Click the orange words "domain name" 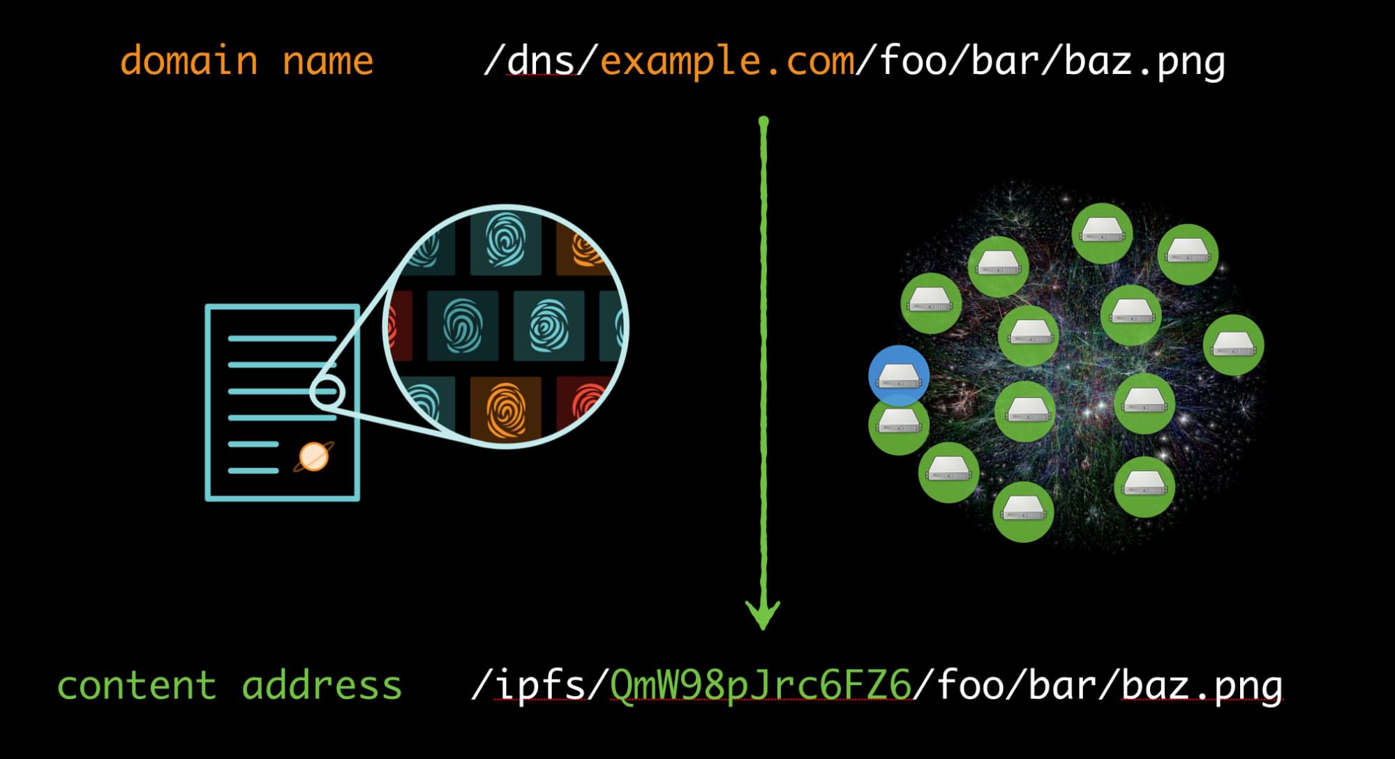(246, 61)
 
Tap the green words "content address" (230, 686)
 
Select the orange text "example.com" (727, 61)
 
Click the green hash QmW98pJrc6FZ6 (761, 686)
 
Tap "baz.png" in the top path (1144, 61)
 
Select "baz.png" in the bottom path (1202, 686)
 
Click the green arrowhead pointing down (763, 614)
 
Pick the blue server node (899, 375)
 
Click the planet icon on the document (313, 458)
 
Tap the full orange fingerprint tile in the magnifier (506, 409)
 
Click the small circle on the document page (327, 392)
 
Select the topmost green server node (1102, 233)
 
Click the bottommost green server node (1023, 512)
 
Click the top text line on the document (282, 339)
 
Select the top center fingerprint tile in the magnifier (506, 241)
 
